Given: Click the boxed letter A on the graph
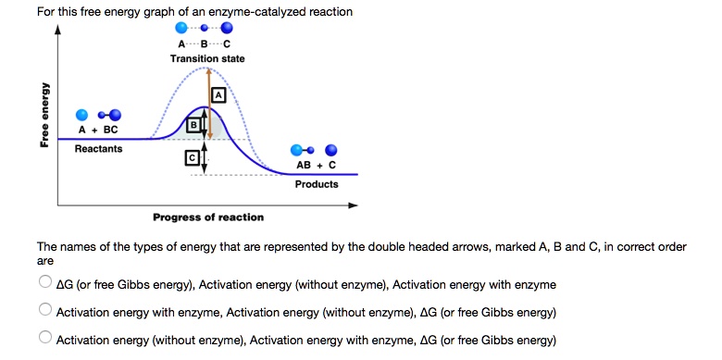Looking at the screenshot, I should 218,94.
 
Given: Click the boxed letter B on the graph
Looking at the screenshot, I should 193,124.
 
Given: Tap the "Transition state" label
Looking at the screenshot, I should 207,58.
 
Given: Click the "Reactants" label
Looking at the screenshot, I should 98,148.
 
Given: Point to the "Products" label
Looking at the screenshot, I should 317,183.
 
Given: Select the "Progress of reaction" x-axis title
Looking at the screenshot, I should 208,217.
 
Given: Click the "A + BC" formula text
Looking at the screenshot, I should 98,130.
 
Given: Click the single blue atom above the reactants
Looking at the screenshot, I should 82,114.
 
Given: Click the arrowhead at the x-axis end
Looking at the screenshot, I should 353,205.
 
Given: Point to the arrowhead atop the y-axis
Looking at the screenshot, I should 58,29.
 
